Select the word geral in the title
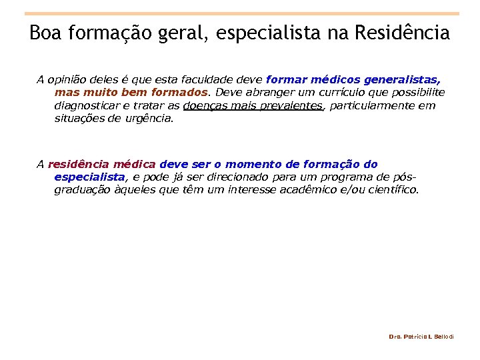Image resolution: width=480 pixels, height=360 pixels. [x=181, y=33]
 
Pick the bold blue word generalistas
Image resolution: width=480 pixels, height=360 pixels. [x=408, y=79]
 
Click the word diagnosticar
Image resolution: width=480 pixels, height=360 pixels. [x=87, y=105]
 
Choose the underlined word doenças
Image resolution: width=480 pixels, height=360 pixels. [x=205, y=105]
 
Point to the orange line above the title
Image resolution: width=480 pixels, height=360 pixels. [x=241, y=13]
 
